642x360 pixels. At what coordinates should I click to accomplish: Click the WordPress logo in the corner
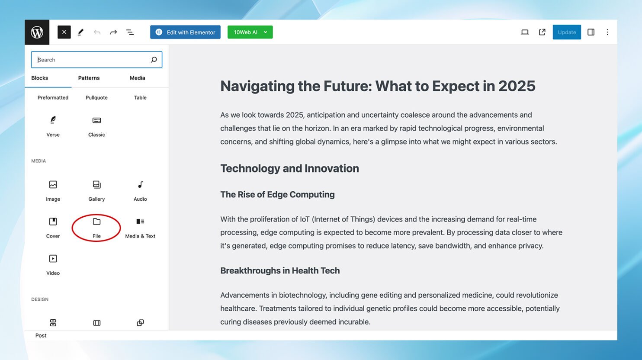click(x=37, y=32)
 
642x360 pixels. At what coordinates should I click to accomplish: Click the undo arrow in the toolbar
click(x=97, y=32)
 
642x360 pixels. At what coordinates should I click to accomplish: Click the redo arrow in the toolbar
click(x=113, y=32)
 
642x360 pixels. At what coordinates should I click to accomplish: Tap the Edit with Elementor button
click(x=185, y=32)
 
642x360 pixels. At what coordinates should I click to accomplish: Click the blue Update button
click(x=567, y=32)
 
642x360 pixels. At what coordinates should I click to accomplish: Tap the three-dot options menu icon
click(x=607, y=32)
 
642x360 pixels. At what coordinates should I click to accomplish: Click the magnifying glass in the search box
click(x=154, y=60)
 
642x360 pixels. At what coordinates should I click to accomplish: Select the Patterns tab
click(x=89, y=78)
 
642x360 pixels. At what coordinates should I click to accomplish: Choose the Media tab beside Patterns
click(x=137, y=78)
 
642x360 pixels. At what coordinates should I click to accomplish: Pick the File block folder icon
click(x=96, y=222)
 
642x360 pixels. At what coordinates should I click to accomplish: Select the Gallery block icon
click(x=96, y=185)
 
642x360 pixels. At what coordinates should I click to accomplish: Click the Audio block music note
click(x=140, y=185)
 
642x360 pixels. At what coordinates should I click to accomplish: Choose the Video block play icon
click(x=53, y=259)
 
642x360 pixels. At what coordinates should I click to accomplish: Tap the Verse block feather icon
click(x=53, y=120)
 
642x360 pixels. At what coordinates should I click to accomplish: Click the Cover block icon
click(x=53, y=222)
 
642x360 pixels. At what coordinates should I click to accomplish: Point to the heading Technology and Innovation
click(x=289, y=169)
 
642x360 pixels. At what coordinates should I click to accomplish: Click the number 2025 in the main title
click(x=517, y=86)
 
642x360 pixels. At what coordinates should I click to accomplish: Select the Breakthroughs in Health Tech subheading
click(x=280, y=270)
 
